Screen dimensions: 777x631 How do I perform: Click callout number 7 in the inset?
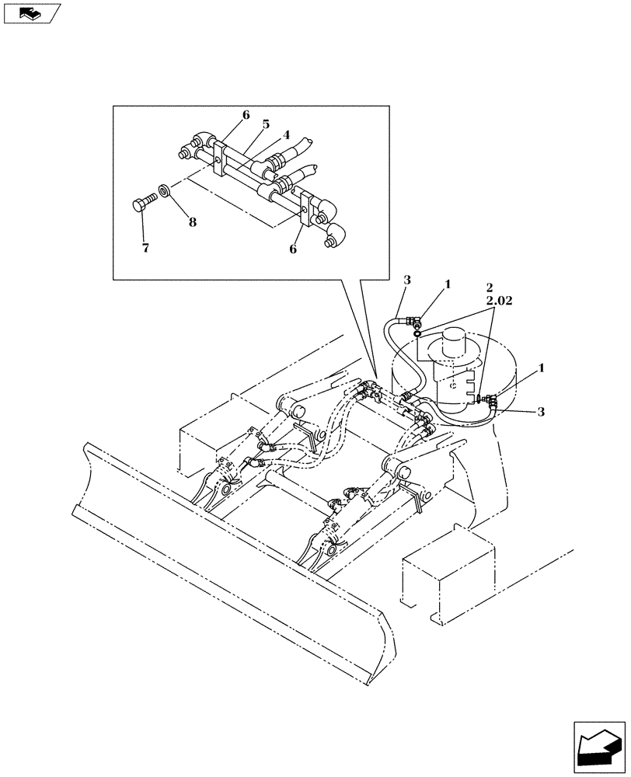(x=145, y=248)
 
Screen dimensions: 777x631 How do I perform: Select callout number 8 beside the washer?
(x=192, y=221)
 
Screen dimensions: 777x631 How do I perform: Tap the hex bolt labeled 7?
(x=141, y=204)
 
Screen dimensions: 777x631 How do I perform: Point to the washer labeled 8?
(x=164, y=190)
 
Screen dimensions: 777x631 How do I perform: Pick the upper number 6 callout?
(x=246, y=115)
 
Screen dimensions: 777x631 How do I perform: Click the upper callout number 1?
(x=448, y=286)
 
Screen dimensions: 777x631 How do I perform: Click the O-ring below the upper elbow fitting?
(x=417, y=334)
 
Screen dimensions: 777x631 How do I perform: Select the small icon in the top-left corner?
(x=30, y=12)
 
